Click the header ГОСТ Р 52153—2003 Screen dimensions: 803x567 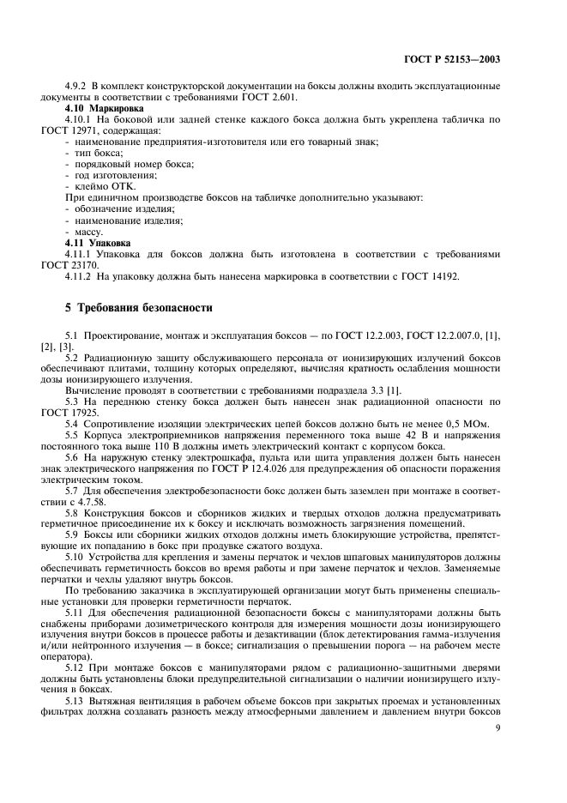[x=452, y=60]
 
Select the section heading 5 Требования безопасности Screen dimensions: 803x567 [x=138, y=307]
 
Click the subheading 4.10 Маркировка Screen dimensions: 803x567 [x=98, y=109]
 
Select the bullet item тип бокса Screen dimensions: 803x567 [x=99, y=152]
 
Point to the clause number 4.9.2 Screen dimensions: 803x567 [x=77, y=87]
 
